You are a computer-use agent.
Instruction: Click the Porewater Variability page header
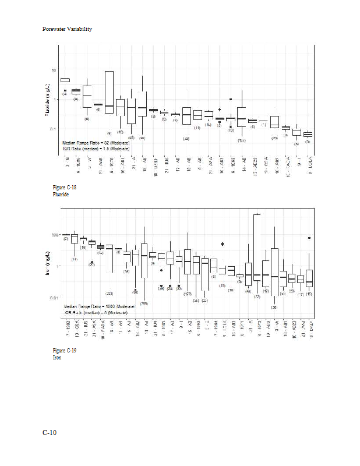coord(67,29)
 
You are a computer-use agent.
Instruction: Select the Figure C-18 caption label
coord(64,188)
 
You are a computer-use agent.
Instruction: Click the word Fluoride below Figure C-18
coord(61,195)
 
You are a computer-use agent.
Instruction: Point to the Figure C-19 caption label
coord(64,350)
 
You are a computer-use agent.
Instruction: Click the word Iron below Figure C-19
coord(57,357)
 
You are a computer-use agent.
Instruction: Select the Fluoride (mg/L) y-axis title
coord(48,100)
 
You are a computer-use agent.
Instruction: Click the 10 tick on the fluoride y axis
coord(54,70)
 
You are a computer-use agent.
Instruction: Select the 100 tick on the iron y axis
coord(55,235)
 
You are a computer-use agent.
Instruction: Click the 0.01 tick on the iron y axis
coord(54,298)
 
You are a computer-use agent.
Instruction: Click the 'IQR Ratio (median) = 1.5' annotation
coord(96,149)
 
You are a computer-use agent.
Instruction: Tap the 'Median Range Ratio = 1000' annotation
coord(99,306)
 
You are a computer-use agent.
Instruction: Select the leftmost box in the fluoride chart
coord(65,80)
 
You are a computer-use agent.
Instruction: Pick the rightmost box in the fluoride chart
coord(308,135)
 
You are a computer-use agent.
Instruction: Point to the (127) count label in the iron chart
coord(188,294)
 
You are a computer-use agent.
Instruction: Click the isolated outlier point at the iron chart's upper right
coord(309,238)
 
